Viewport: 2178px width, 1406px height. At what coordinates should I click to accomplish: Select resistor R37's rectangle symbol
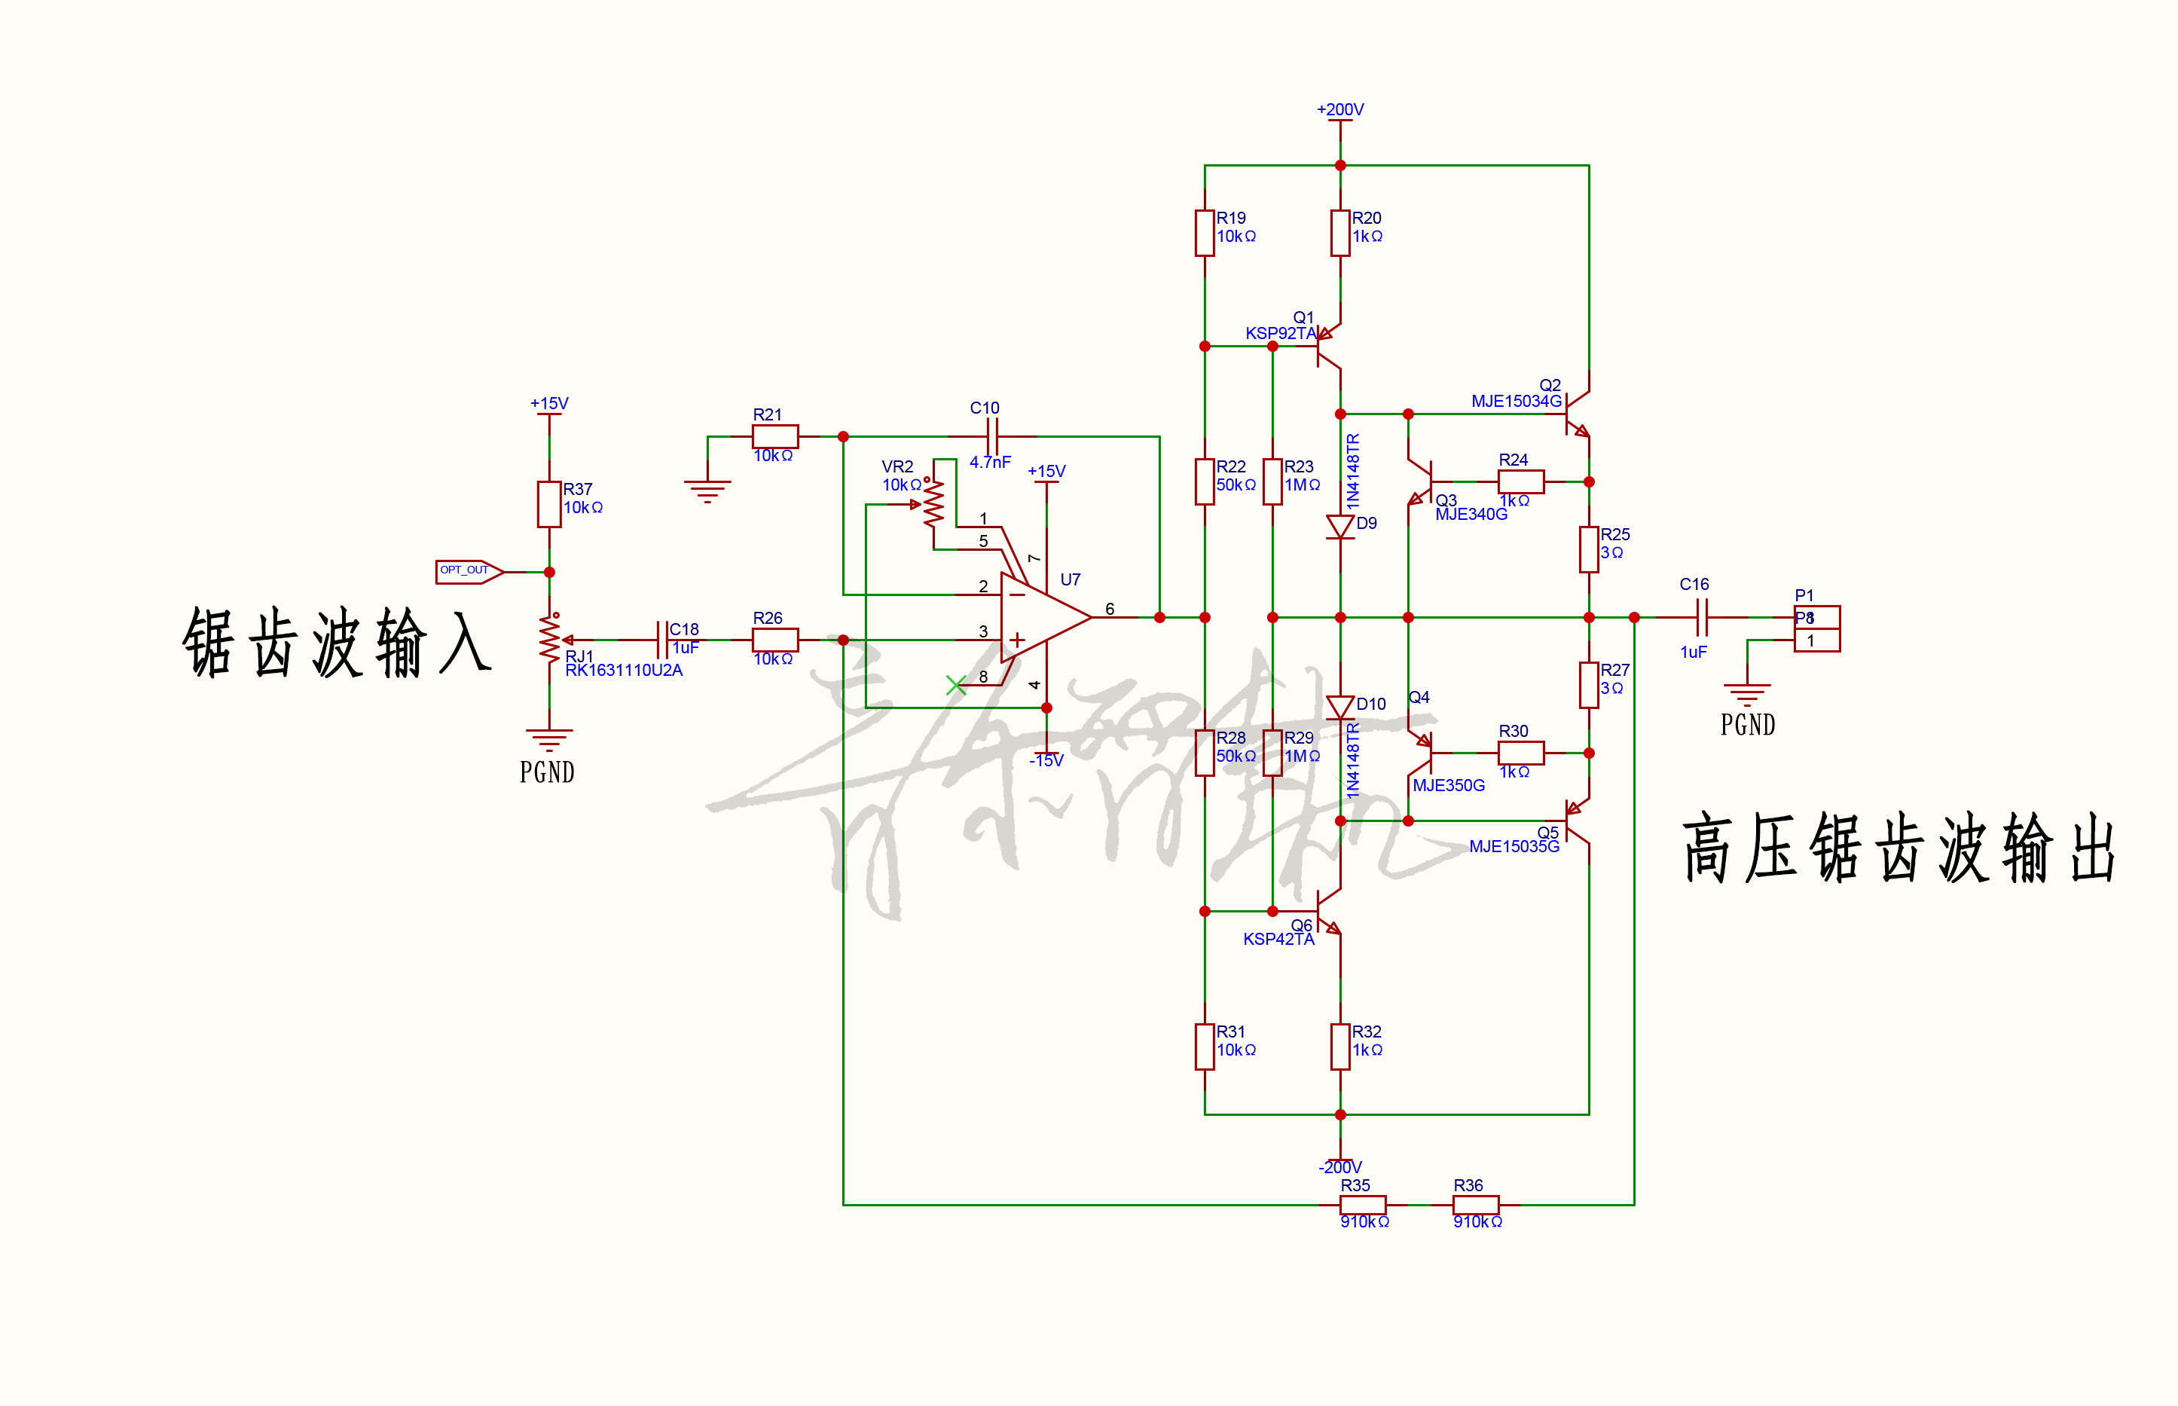548,504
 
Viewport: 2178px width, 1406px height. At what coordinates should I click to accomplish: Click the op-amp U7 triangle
1041,617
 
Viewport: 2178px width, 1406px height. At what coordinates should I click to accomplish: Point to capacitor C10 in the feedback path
995,436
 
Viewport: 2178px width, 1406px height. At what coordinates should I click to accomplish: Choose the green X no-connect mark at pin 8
956,685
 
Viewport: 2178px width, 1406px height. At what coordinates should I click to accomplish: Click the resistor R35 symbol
1362,1205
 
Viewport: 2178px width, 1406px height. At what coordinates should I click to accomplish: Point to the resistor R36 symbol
1475,1205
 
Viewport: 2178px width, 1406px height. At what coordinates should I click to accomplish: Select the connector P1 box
1816,628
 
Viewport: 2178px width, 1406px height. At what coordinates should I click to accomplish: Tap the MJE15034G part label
1515,401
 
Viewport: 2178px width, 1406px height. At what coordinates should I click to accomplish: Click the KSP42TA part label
1278,939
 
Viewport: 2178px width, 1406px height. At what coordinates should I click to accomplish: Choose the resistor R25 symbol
1588,549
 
